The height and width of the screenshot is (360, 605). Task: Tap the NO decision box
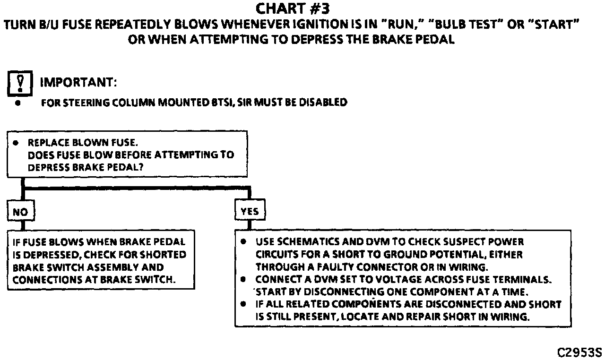20,212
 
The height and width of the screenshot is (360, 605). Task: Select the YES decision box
250,212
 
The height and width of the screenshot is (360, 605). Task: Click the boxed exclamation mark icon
20,83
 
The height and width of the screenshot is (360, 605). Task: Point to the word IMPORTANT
78,83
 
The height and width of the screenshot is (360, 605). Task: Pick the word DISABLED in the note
326,103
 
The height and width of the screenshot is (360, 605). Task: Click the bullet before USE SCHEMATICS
243,241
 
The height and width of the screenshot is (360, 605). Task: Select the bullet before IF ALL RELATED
243,304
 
